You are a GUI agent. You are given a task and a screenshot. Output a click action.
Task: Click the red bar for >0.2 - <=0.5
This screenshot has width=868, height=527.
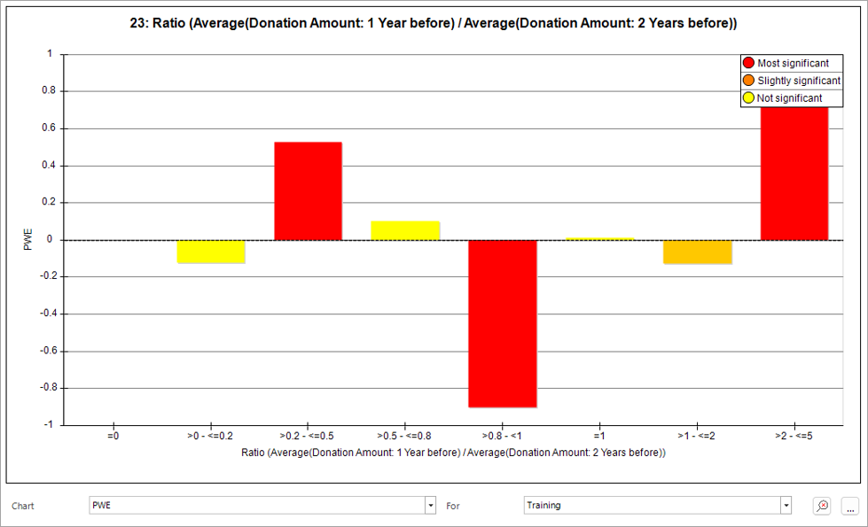click(x=308, y=190)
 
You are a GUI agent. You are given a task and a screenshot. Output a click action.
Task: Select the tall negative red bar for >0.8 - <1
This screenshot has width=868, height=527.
click(x=502, y=323)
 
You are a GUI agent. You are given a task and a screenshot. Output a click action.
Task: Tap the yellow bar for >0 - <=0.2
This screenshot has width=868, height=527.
click(x=211, y=252)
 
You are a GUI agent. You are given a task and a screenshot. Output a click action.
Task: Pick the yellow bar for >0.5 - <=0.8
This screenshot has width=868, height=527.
click(x=405, y=230)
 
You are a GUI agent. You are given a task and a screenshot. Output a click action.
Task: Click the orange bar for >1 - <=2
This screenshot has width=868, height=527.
click(x=698, y=252)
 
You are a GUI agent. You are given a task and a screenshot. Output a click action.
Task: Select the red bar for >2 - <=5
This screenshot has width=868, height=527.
click(x=794, y=174)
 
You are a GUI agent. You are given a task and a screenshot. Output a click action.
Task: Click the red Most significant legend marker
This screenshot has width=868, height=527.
click(x=748, y=63)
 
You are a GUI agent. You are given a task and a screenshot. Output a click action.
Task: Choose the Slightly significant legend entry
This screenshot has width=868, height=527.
click(x=792, y=81)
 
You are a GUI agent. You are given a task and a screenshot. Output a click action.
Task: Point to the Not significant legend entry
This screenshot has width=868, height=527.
click(x=783, y=98)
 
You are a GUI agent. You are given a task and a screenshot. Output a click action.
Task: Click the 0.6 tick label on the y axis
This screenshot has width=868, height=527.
click(x=49, y=128)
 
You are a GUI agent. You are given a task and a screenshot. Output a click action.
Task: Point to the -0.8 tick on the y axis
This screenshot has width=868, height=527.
click(x=48, y=388)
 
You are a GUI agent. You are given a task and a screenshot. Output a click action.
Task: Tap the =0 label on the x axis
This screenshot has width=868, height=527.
click(x=113, y=436)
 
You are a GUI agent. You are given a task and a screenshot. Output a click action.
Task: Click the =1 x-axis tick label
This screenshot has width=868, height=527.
click(x=599, y=436)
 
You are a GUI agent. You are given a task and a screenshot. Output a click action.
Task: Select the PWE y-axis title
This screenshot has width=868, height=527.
click(x=28, y=239)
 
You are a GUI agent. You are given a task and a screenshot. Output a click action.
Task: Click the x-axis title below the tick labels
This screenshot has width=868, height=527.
click(x=453, y=453)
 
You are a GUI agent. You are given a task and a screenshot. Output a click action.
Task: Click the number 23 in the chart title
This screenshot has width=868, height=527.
click(x=137, y=23)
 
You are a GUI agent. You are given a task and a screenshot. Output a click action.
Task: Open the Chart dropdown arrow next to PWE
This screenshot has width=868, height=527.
click(x=431, y=506)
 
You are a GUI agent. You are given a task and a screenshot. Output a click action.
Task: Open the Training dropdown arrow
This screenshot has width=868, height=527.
click(x=786, y=506)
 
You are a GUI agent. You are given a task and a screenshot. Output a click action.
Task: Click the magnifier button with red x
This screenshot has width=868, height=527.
click(x=822, y=506)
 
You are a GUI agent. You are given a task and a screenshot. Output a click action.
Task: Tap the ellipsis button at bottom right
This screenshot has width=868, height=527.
click(x=850, y=506)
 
